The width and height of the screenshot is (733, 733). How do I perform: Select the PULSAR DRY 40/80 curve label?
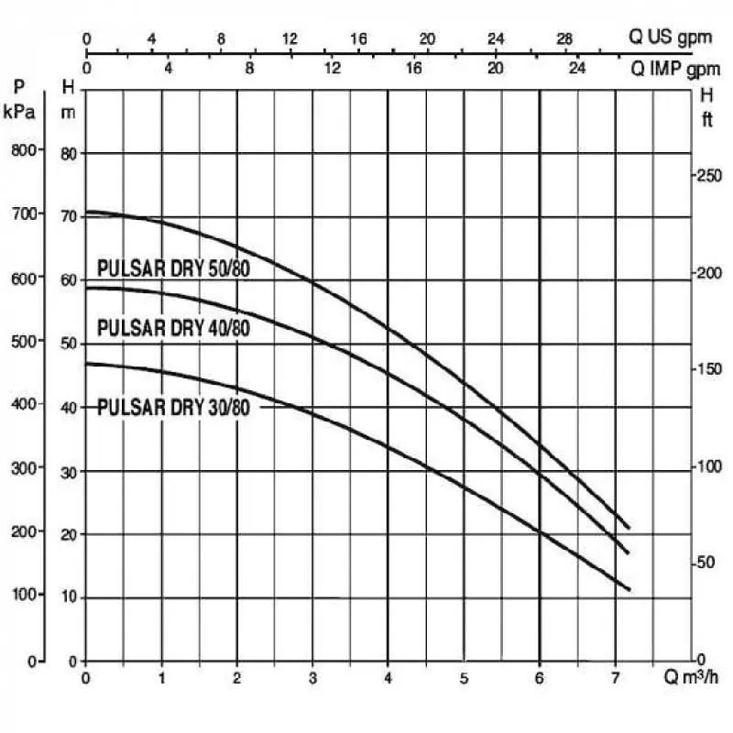pos(174,327)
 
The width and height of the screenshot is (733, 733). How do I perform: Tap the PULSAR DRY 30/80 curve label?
pos(174,407)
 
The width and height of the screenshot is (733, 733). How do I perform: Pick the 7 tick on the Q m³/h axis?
pos(614,679)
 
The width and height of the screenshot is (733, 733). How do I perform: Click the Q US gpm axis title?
pos(676,38)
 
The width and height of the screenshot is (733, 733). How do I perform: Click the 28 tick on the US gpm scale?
pos(565,38)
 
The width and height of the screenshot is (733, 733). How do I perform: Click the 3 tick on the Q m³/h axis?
pos(312,679)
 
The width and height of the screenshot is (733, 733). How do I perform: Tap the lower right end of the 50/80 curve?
pos(629,528)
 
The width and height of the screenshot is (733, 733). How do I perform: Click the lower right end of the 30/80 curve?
pos(629,589)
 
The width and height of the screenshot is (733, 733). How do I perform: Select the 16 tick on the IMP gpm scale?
pos(413,68)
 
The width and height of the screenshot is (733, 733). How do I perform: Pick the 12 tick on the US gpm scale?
pos(290,38)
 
